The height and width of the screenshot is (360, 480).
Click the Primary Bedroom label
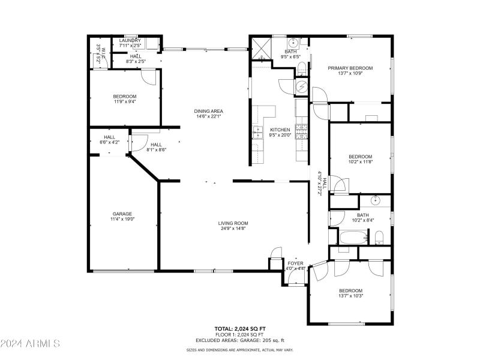point(350,68)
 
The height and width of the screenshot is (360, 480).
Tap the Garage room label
point(122,214)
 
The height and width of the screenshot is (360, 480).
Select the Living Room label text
point(233,223)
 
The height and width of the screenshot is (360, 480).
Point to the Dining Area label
point(208,111)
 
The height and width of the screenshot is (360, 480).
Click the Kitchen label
point(280,130)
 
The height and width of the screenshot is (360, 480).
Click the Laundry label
point(130,40)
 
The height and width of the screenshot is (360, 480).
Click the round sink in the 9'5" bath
point(294,43)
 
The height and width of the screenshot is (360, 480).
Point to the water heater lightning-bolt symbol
point(301,88)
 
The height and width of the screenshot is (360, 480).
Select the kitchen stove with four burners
point(302,128)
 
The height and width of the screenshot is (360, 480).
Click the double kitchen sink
point(259,132)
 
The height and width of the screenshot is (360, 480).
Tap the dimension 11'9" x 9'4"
point(125,101)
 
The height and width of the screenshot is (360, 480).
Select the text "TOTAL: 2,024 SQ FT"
point(239,329)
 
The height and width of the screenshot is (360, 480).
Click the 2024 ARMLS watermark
point(30,344)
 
